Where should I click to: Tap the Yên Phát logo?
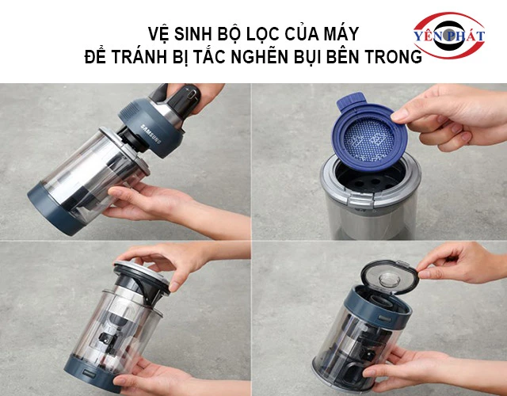448,36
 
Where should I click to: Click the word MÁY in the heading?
342,35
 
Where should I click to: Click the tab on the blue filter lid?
348,103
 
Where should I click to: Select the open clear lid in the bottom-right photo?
388,276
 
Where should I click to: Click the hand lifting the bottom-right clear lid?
459,265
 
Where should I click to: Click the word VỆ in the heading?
158,35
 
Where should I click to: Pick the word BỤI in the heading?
313,58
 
